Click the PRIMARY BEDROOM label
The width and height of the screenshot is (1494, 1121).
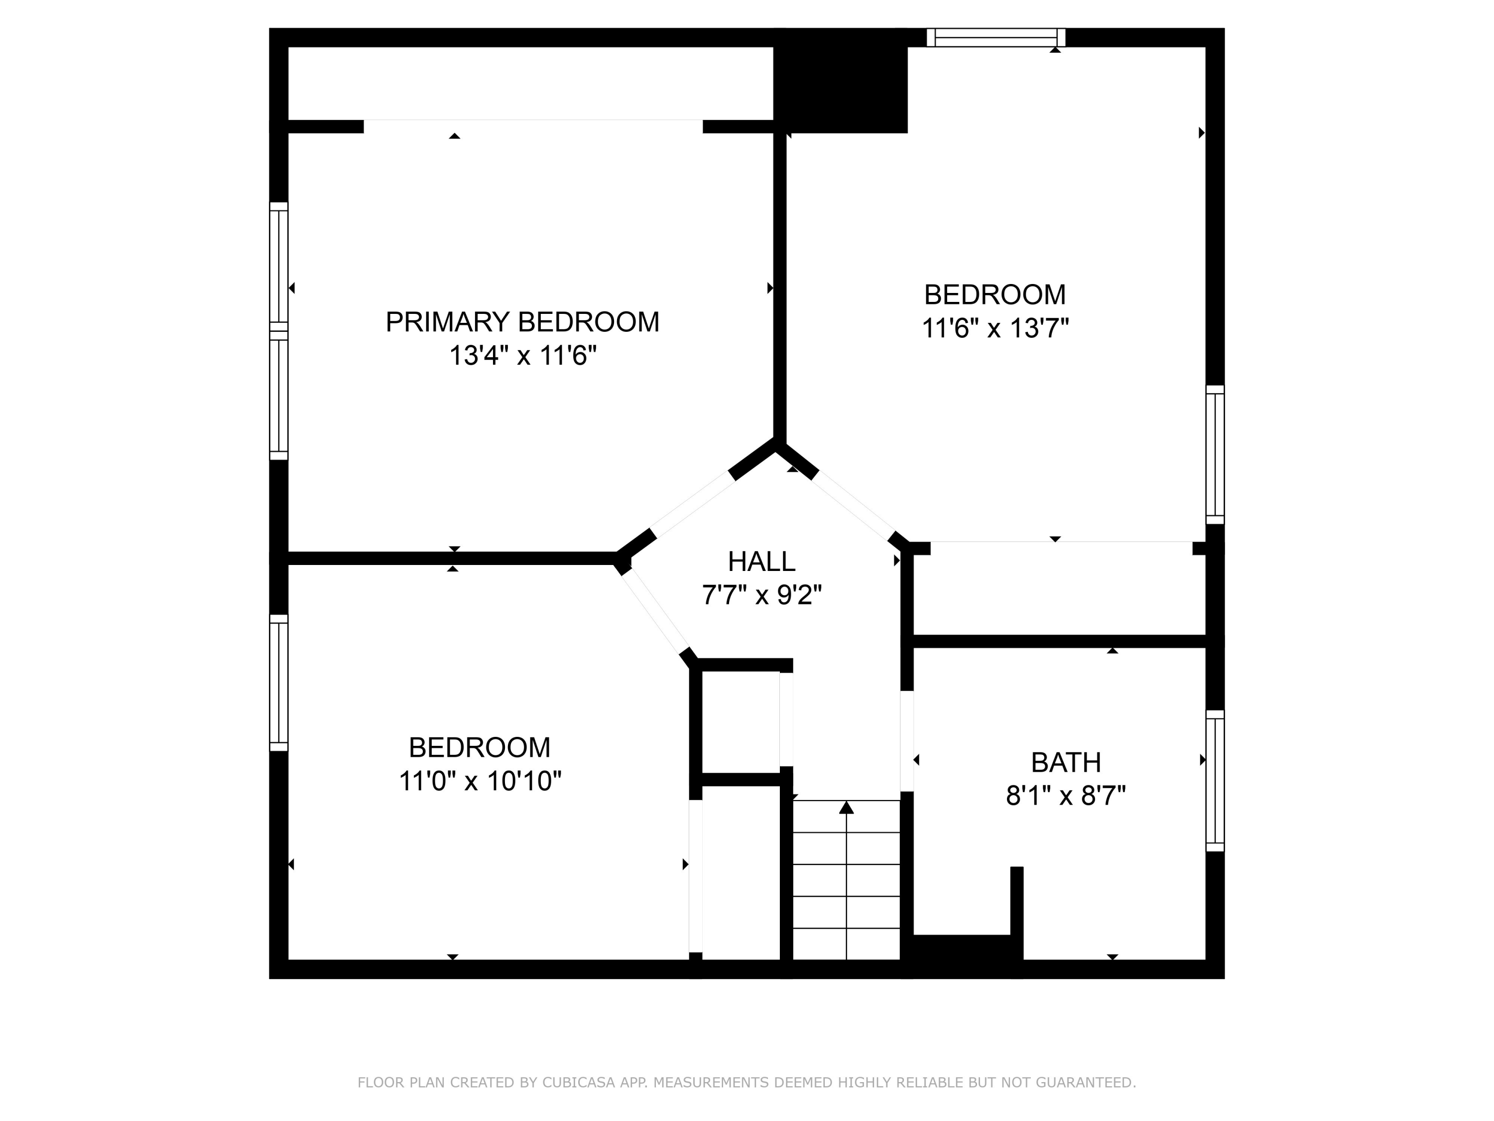522,322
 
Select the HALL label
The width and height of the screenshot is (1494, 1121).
761,561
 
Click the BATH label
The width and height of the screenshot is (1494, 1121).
1066,763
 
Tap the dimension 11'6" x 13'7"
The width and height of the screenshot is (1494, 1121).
995,328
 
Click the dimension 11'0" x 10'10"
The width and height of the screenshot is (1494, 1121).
480,781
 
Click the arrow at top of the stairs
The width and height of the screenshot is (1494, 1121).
846,808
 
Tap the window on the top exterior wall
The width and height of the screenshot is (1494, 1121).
996,37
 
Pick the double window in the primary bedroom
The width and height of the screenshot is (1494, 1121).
279,331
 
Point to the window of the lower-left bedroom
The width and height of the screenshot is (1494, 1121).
279,683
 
